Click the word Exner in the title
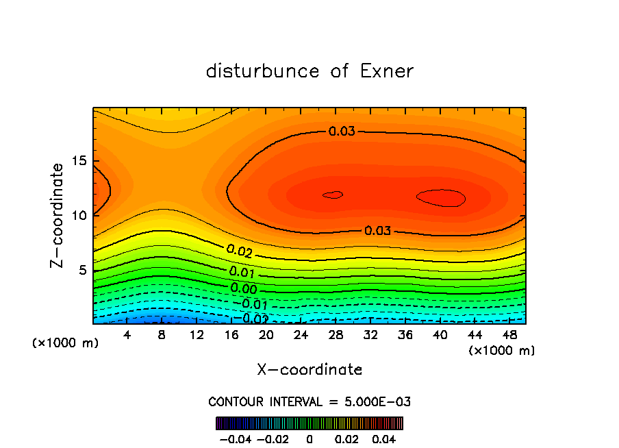coord(387,71)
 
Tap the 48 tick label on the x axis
coord(509,335)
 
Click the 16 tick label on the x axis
coord(231,335)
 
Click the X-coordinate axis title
coord(309,370)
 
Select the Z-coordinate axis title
coord(59,215)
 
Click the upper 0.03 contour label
coord(342,131)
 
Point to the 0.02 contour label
coord(240,252)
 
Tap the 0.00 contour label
coord(244,288)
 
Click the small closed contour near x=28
coord(333,195)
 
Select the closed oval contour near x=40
coord(442,198)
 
